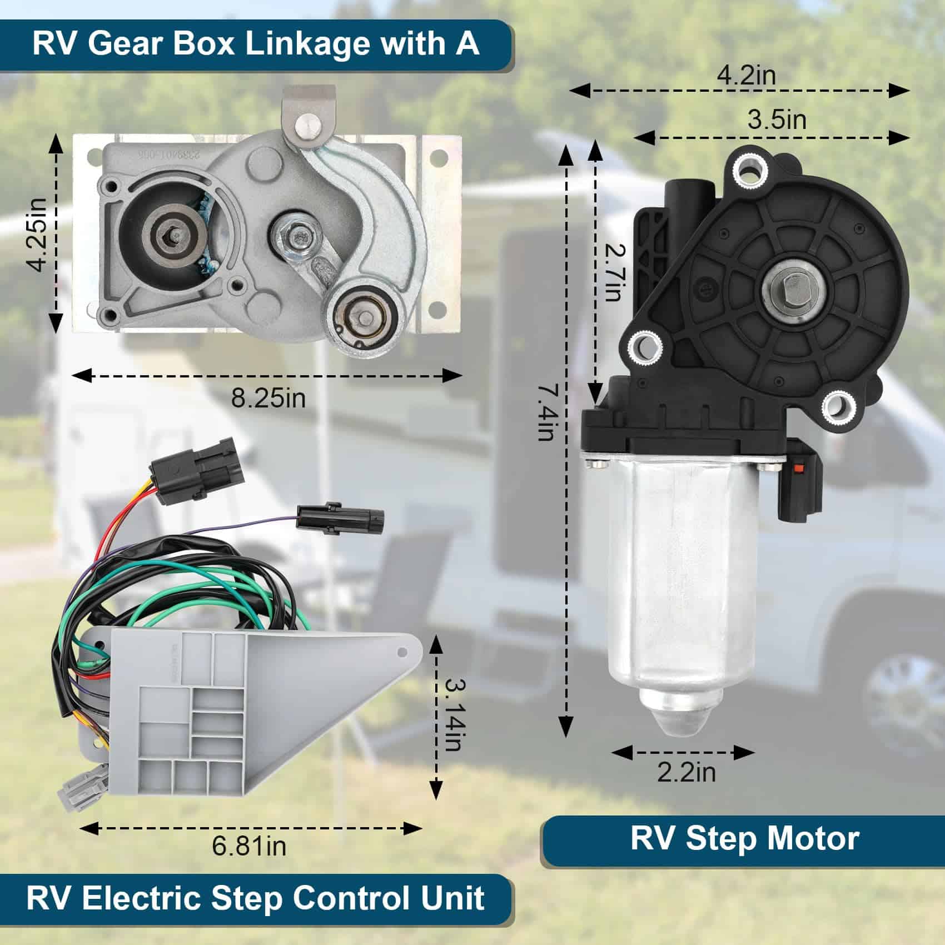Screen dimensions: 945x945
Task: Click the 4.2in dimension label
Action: (746, 75)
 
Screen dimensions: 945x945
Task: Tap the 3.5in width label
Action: (776, 120)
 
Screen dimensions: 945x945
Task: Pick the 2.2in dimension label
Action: (686, 773)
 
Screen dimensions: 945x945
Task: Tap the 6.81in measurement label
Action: (249, 846)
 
